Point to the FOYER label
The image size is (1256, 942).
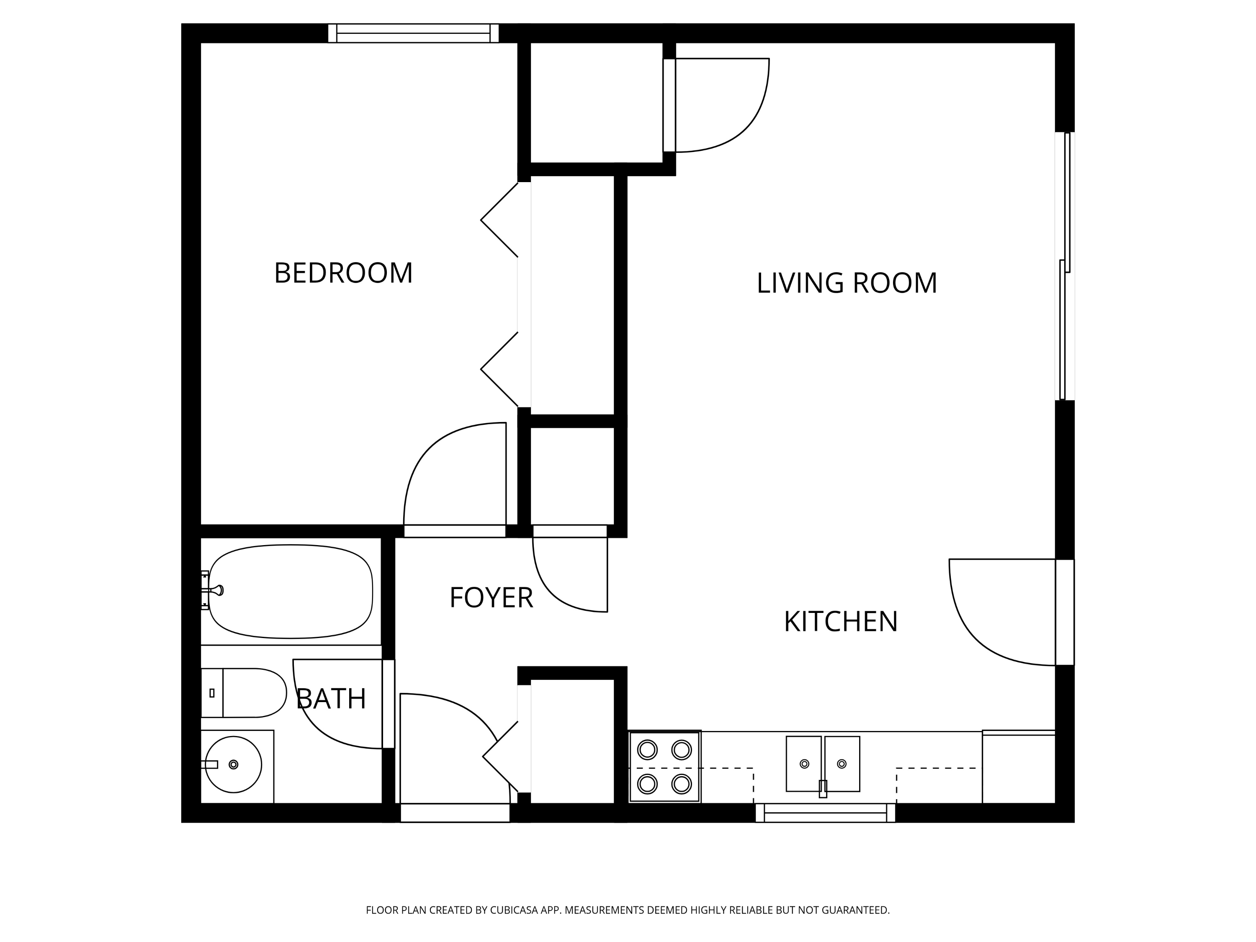491,598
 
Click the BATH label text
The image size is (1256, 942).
331,699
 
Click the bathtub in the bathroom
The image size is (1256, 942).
290,592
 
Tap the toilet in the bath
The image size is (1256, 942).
244,693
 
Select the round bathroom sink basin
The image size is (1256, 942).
233,764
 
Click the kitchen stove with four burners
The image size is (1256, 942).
664,767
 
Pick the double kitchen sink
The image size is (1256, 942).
823,764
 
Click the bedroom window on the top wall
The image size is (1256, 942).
413,33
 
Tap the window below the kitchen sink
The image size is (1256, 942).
825,813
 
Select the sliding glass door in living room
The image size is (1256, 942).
1065,266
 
